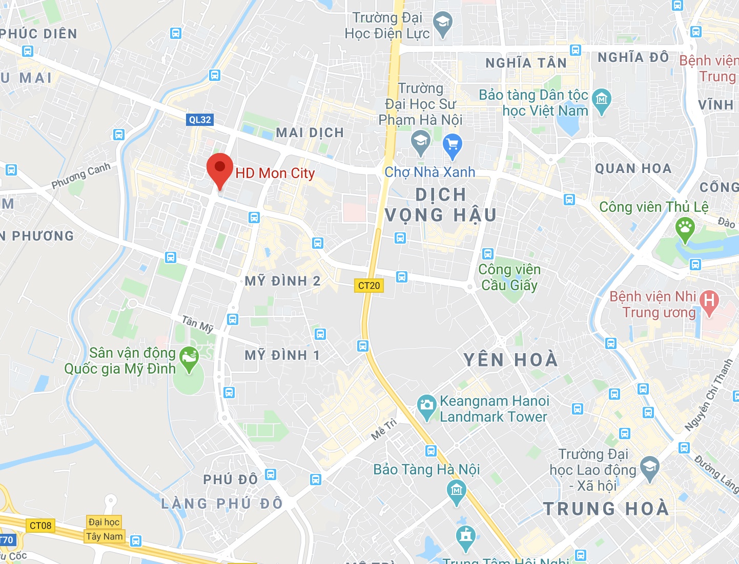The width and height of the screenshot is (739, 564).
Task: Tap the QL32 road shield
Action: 200,120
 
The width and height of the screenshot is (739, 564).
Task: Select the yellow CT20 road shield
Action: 369,286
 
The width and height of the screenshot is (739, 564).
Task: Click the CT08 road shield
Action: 40,526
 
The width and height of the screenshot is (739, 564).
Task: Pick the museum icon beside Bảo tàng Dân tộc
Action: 601,99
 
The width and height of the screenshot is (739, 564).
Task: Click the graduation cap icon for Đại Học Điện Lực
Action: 442,23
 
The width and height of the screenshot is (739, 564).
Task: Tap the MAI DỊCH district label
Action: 310,133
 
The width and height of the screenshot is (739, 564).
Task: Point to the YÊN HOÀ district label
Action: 510,360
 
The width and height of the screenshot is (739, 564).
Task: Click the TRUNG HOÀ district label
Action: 606,509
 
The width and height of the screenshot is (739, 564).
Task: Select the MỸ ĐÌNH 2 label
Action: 282,281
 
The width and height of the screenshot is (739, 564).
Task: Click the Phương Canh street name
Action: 81,176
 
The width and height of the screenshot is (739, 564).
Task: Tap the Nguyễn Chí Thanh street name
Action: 708,395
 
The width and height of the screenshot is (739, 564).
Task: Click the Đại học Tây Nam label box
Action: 104,529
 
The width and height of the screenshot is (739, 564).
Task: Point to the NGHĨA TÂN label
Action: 526,63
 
